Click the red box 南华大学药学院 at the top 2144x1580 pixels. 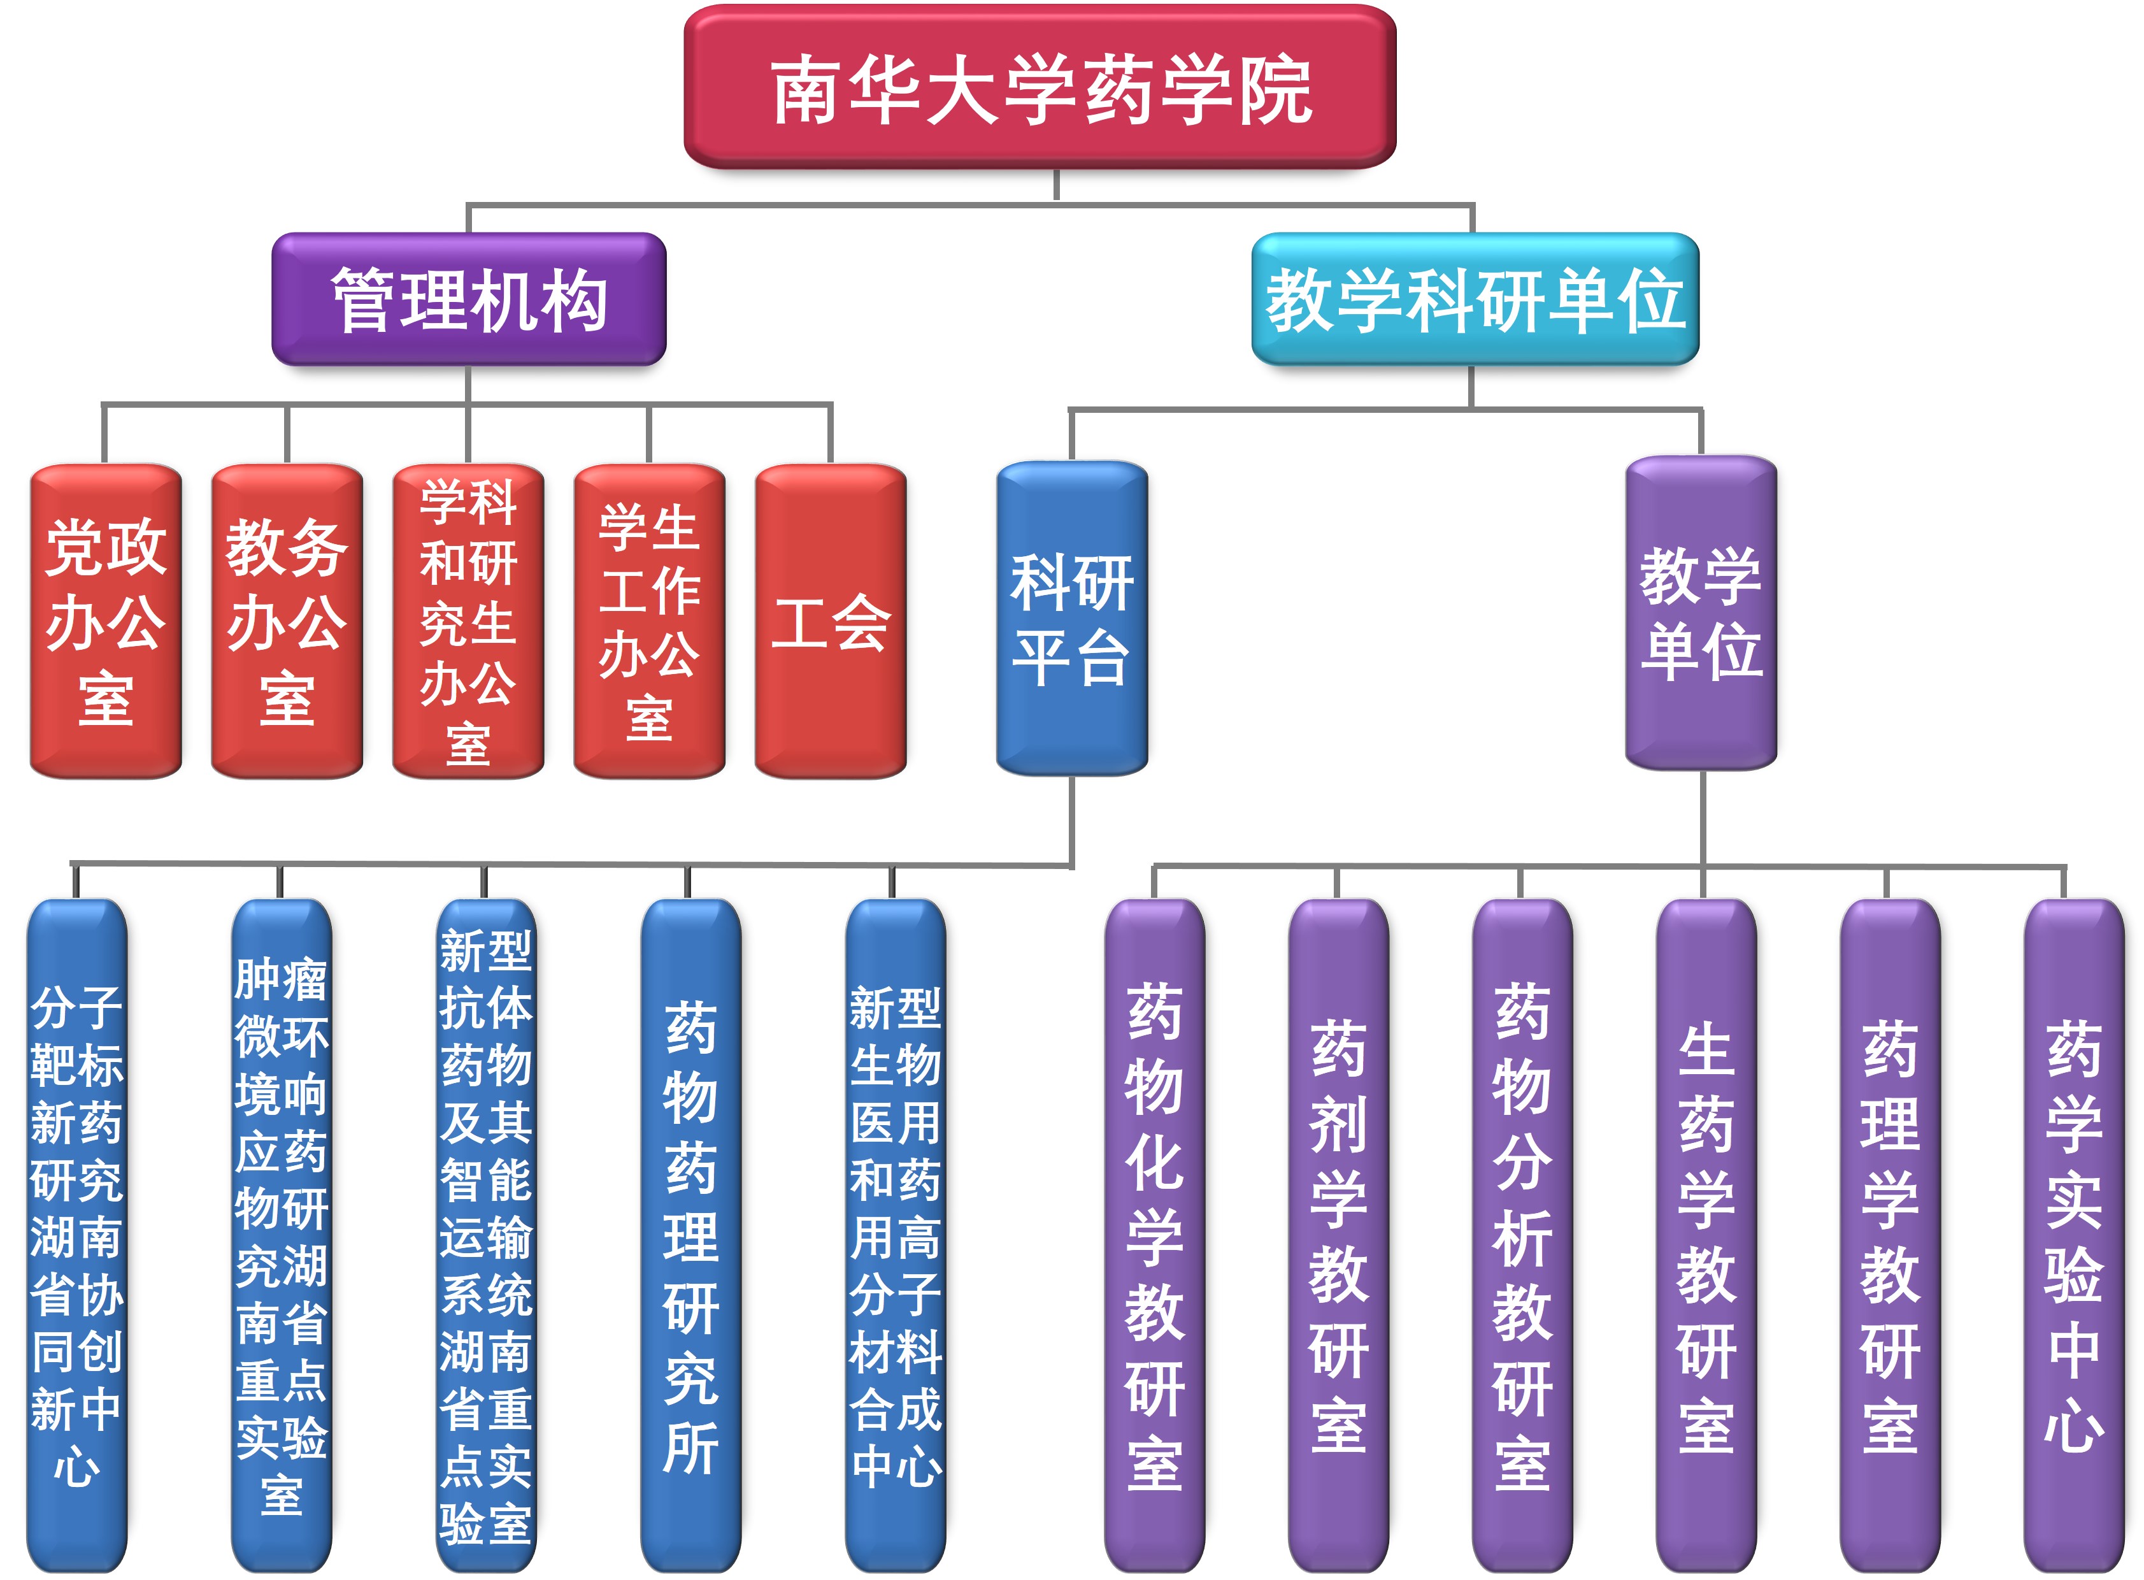click(1040, 88)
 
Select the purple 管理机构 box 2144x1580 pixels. click(469, 299)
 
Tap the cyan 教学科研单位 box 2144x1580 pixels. click(1475, 299)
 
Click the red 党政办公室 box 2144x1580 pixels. click(105, 622)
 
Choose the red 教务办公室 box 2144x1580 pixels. click(287, 622)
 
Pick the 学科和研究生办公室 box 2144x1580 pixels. click(468, 622)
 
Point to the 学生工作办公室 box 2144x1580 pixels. click(649, 622)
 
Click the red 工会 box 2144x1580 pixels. click(830, 622)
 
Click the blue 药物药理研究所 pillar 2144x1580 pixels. click(690, 1234)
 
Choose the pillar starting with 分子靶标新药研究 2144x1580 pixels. click(76, 1234)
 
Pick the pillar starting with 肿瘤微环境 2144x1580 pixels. click(281, 1234)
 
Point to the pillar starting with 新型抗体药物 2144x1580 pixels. click(486, 1234)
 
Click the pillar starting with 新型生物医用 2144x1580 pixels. click(895, 1234)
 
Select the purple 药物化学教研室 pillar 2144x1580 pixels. click(1154, 1234)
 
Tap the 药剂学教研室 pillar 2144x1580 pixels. click(1338, 1234)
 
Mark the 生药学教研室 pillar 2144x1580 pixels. click(1706, 1234)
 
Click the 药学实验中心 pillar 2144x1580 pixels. click(2073, 1234)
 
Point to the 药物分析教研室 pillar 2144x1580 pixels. click(1522, 1234)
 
